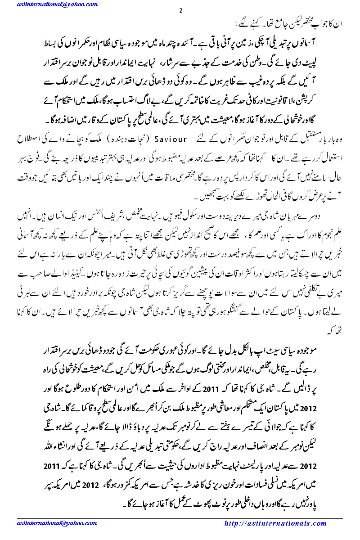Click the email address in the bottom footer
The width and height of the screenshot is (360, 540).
pyautogui.click(x=46, y=523)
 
